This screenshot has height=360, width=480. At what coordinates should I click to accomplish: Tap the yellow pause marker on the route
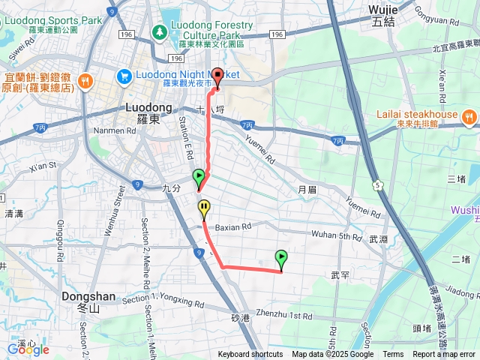point(204,207)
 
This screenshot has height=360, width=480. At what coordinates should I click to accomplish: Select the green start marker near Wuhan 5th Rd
point(281,259)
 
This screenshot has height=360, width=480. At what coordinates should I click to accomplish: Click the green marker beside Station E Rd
point(199,178)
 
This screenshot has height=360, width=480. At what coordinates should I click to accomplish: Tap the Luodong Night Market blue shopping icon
point(124,76)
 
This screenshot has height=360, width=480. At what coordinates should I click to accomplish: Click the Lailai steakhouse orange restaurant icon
point(469,115)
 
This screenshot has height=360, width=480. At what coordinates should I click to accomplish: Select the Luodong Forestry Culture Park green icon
point(159,32)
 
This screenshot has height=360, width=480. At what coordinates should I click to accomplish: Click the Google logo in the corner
point(28,349)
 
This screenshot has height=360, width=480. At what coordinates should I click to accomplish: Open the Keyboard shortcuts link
point(251,355)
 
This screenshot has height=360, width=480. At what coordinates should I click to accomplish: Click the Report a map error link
point(444,355)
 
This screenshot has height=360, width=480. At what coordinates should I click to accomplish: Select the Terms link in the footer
point(393,355)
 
